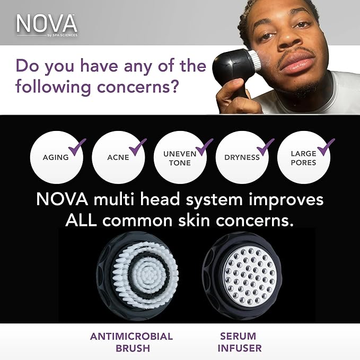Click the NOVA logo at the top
46,23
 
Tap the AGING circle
56,157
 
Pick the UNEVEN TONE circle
180,157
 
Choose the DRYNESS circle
242,157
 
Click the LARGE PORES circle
303,157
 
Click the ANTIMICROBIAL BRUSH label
131,343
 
